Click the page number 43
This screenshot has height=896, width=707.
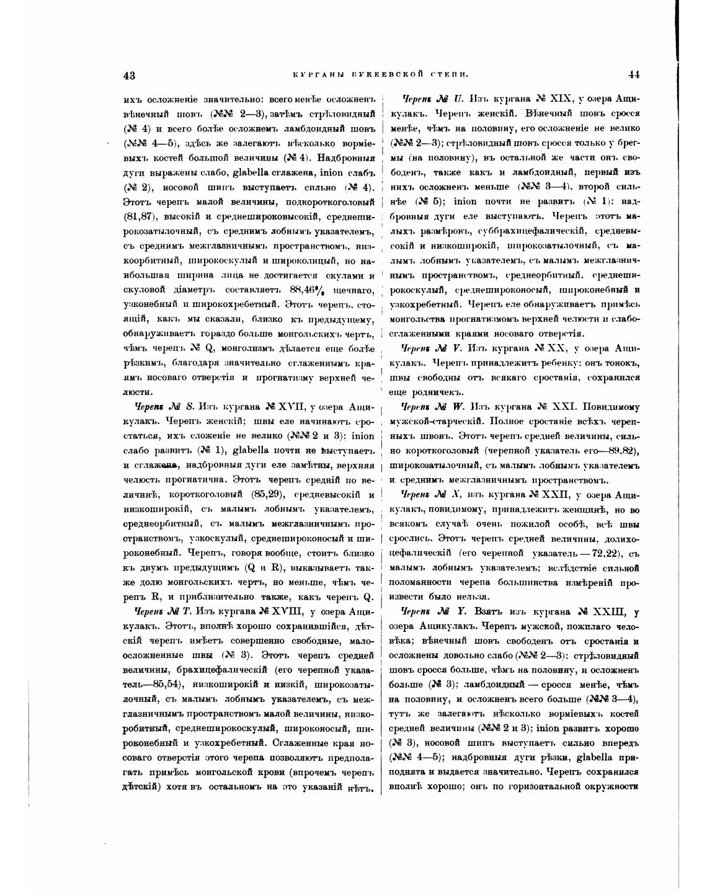[130, 76]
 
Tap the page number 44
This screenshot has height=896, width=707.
[633, 75]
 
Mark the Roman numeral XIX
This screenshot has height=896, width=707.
[562, 99]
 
